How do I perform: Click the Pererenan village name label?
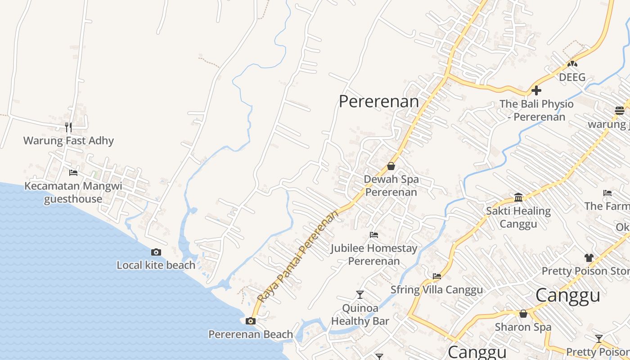(379, 101)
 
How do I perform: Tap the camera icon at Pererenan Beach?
(251, 321)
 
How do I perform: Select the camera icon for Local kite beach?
(156, 252)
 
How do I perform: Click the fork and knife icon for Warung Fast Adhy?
(68, 127)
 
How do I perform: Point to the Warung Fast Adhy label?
(68, 140)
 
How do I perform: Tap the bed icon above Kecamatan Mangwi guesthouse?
(73, 172)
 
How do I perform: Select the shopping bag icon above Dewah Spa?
(391, 166)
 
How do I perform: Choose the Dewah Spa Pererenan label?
(391, 185)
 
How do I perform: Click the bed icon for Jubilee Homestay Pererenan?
(373, 234)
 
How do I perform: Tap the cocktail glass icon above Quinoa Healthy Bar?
(360, 295)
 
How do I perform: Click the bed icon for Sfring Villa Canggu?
(436, 276)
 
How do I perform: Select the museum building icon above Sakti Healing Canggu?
(518, 197)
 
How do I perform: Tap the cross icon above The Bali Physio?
(536, 90)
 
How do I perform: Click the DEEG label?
(572, 77)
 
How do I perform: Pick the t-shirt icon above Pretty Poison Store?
(589, 258)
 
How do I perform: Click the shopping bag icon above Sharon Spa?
(523, 314)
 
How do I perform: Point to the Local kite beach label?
(156, 265)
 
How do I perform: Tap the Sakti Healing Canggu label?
(518, 217)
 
